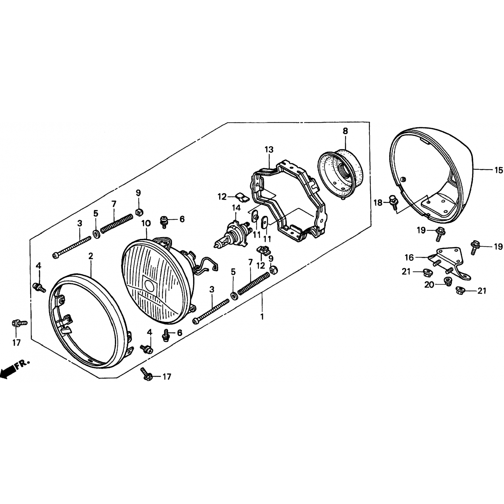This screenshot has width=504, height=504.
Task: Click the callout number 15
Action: [498, 170]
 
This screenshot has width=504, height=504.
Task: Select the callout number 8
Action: [345, 131]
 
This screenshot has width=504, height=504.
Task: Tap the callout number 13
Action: [269, 149]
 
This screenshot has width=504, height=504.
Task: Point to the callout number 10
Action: [146, 223]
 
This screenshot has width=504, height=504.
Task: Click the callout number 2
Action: [91, 256]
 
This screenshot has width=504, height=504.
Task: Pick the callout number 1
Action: [262, 317]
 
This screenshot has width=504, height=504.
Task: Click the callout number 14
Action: [237, 208]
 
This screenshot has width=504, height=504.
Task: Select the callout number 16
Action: [409, 257]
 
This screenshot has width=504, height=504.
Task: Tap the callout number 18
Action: [378, 203]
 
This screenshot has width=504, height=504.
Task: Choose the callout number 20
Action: [429, 285]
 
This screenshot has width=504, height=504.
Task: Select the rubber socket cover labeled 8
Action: [340, 173]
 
